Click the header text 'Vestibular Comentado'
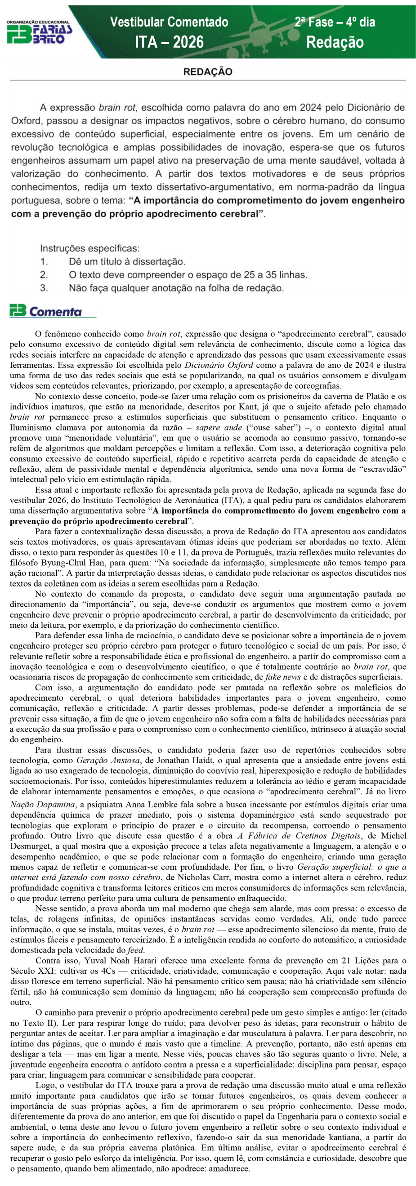(x=169, y=22)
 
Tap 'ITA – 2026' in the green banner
(x=169, y=42)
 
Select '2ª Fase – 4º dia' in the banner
(x=335, y=22)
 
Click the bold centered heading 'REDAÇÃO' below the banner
(x=207, y=72)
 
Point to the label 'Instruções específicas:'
(x=89, y=249)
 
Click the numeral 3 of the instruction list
(x=44, y=288)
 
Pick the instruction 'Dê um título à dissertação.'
(x=127, y=262)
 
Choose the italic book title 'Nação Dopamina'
(x=42, y=805)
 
